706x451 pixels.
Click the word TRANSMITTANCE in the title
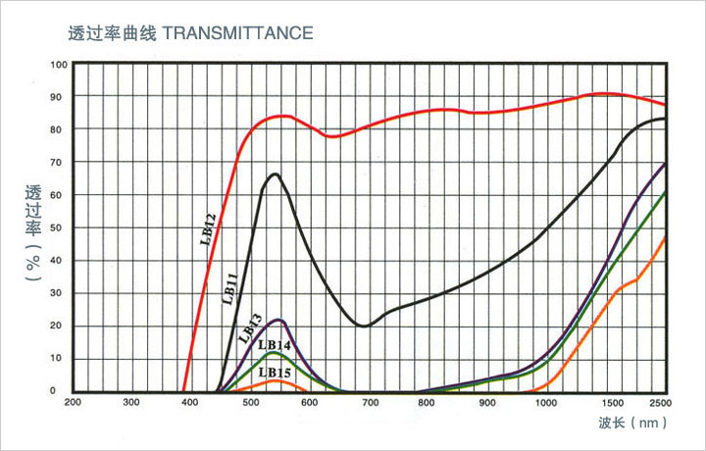237,32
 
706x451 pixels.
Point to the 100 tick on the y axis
59,65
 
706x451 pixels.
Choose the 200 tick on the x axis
73,403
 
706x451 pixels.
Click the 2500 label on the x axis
659,403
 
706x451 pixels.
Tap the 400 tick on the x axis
190,403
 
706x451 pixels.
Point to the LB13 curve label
249,326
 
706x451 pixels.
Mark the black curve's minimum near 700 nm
364,326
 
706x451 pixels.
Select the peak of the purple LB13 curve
280,320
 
